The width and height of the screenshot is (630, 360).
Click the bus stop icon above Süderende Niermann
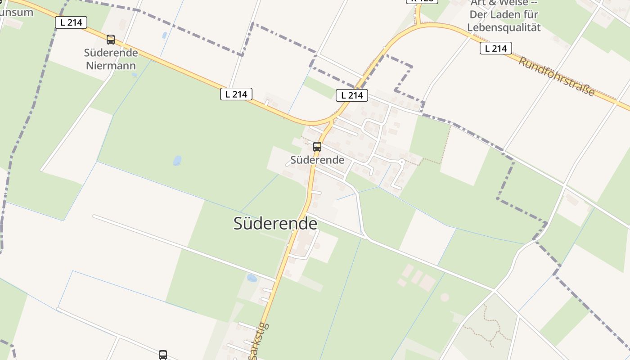[111, 40]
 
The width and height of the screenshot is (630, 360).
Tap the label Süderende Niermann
[111, 59]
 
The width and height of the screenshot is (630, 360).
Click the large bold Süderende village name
[275, 224]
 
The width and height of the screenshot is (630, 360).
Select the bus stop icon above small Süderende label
[317, 146]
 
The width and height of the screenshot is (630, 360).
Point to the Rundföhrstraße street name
[557, 76]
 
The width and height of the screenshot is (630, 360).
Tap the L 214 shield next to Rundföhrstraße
[496, 48]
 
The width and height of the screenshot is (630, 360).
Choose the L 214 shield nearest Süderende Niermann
[71, 22]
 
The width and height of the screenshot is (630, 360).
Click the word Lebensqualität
[504, 27]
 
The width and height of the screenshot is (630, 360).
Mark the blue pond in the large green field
[177, 161]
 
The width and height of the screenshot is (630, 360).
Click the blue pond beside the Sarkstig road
[252, 278]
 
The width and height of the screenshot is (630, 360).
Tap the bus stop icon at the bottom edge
[163, 355]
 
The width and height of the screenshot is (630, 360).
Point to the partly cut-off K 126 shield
[422, 1]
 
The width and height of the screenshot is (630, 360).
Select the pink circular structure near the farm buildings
[445, 297]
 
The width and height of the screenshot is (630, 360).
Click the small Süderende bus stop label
[317, 160]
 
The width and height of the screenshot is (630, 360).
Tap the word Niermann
[111, 66]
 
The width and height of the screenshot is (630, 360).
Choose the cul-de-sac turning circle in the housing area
[401, 161]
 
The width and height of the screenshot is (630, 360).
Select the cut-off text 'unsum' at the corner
[17, 12]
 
